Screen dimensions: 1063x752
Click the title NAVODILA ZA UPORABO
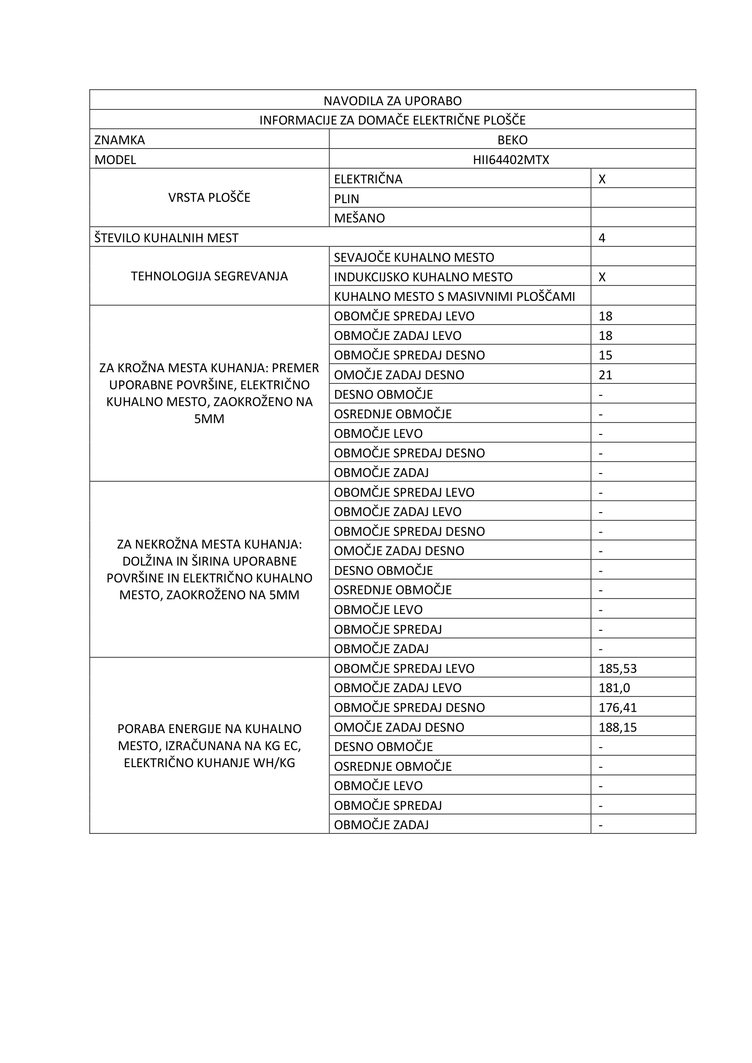392,100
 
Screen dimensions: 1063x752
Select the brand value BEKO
512,140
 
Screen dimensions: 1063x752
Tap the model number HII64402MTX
511,160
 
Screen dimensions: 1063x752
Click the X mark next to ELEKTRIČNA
602,179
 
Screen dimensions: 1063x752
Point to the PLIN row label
346,199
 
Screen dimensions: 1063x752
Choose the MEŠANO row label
359,218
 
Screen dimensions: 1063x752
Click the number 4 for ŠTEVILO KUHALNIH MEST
602,238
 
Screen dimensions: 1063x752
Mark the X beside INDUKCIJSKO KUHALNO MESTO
602,277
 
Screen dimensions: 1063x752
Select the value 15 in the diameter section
605,355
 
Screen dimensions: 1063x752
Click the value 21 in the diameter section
605,374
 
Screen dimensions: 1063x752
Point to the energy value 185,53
617,669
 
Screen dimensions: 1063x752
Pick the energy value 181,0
614,688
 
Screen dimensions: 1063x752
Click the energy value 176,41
617,708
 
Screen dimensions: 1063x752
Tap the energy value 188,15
617,727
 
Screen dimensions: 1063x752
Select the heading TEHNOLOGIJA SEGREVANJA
209,276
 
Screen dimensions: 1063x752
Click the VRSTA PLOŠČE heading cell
209,198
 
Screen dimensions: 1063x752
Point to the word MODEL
115,160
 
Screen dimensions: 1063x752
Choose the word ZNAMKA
120,140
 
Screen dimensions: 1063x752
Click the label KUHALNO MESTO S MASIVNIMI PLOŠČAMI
454,296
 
